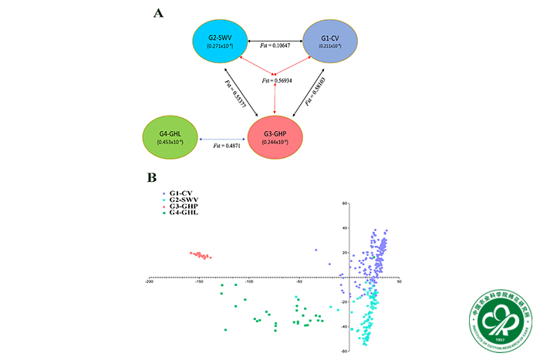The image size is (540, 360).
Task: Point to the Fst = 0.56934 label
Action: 278,81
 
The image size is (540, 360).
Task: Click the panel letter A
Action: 158,13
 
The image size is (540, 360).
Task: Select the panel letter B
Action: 152,177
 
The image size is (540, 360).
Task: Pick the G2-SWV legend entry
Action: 182,200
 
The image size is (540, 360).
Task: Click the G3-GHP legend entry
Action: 182,207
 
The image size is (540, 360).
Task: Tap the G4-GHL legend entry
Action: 182,214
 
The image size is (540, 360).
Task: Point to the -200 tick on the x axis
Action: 149,282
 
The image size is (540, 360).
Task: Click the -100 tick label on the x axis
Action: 249,282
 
